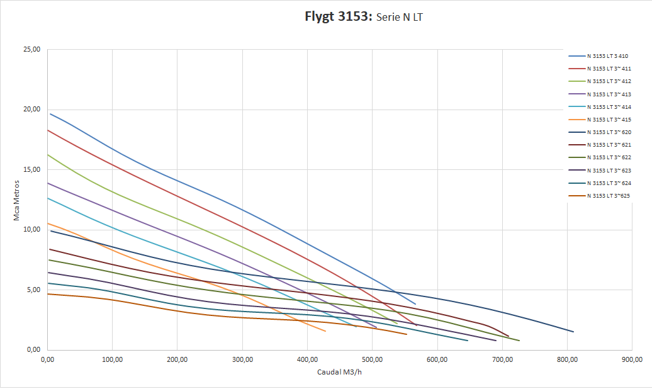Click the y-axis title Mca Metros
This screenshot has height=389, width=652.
(17, 200)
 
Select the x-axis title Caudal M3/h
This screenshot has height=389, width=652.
(339, 372)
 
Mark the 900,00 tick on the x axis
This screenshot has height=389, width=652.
(631, 359)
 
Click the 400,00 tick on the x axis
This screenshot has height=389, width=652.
(307, 359)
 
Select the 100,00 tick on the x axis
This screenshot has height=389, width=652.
(112, 359)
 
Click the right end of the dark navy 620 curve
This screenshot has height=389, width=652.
(573, 332)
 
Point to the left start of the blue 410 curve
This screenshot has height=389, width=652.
(50, 114)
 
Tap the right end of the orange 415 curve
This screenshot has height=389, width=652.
(325, 331)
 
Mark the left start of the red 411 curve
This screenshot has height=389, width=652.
(48, 130)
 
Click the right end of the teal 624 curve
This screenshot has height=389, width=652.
(468, 341)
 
